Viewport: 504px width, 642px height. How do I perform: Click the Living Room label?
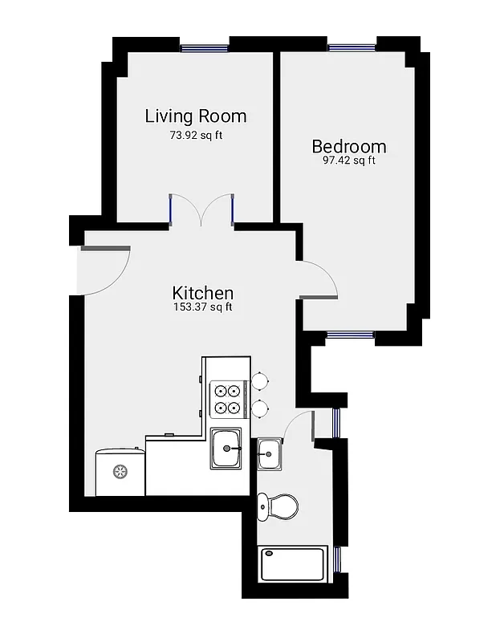tap(195, 116)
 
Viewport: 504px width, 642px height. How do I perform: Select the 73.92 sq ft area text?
tap(195, 135)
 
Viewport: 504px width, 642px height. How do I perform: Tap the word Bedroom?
tap(348, 146)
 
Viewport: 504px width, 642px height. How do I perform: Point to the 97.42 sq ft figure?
tap(348, 160)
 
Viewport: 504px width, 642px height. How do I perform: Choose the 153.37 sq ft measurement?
tap(203, 307)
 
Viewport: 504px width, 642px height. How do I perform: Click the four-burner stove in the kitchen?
tap(226, 399)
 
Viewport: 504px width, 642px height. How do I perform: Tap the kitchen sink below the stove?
tap(229, 449)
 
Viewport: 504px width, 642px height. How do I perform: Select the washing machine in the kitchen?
tap(120, 472)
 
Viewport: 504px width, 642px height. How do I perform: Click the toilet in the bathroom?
tap(277, 506)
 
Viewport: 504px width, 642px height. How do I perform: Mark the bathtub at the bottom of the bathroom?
tap(293, 564)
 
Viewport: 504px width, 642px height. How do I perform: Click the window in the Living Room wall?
tap(205, 47)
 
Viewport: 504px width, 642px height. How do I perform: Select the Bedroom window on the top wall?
tap(352, 47)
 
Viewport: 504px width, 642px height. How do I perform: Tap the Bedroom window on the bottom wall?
tap(351, 335)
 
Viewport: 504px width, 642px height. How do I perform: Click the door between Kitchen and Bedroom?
tap(319, 281)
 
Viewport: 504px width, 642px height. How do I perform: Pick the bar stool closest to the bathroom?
tap(260, 409)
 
